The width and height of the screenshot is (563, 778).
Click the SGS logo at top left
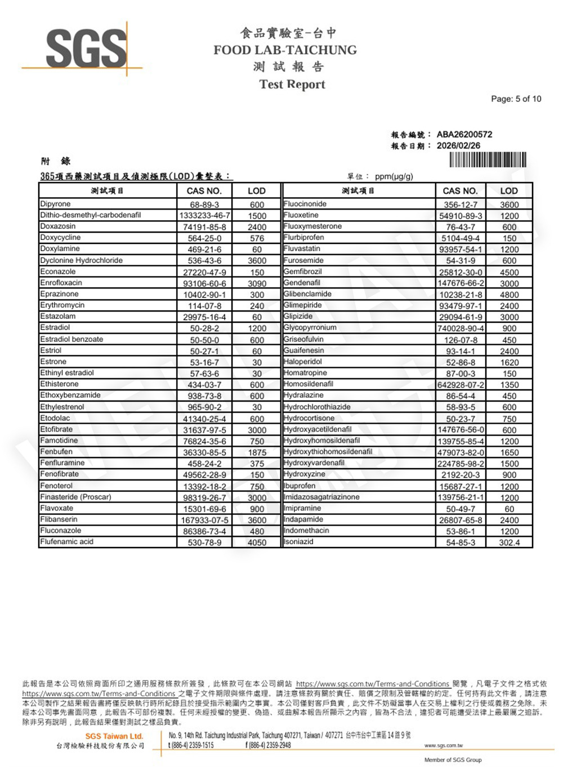click(x=86, y=48)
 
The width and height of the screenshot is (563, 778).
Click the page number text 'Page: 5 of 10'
click(x=516, y=99)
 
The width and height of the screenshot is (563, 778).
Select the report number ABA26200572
click(x=464, y=135)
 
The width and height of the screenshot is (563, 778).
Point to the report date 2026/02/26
click(x=458, y=146)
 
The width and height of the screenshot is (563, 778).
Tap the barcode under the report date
click(x=488, y=160)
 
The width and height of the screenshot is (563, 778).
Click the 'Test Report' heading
click(x=292, y=85)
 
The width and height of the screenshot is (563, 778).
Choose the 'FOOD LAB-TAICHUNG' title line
click(x=285, y=50)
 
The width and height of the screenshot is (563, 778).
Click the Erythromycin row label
click(x=62, y=305)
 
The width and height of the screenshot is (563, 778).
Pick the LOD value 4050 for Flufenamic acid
click(x=257, y=543)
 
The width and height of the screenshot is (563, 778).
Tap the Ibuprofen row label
click(x=300, y=486)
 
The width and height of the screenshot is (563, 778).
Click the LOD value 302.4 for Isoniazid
click(x=509, y=543)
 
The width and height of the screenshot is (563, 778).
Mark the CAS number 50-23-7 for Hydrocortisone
click(x=460, y=419)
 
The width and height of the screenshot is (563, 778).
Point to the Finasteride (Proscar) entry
click(x=76, y=497)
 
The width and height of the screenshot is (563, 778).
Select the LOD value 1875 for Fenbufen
click(x=257, y=452)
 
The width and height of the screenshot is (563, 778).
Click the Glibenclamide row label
click(x=308, y=294)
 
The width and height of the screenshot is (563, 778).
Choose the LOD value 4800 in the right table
click(x=509, y=295)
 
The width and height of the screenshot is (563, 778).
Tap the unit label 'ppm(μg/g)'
click(x=394, y=176)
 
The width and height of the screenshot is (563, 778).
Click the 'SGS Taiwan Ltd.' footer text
click(x=114, y=736)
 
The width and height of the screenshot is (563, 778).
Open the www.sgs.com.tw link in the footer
click(x=444, y=745)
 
